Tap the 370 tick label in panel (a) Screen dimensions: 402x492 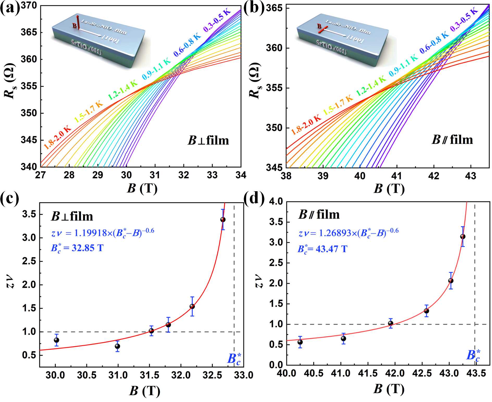29,6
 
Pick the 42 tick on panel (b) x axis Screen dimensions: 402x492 433,176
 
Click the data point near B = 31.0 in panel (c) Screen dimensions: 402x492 117,346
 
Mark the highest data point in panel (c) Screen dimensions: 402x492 223,219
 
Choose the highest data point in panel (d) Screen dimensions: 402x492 463,237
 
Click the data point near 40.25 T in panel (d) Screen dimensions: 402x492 300,342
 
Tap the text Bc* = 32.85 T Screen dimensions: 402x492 77,248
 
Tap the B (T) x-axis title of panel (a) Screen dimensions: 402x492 142,188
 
